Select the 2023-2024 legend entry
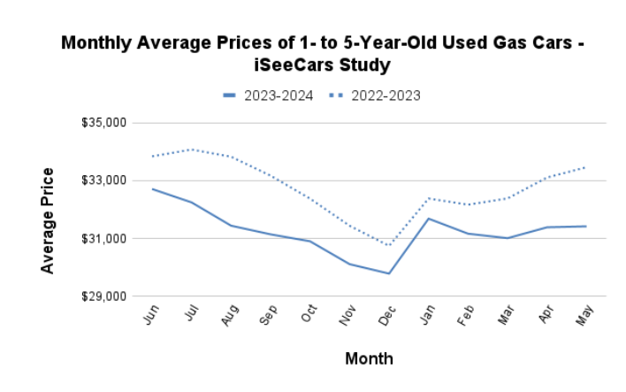coord(269,96)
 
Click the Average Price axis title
coord(48,220)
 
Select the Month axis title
coord(369,358)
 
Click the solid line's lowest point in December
coord(387,273)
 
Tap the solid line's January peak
coord(427,219)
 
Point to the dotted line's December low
coord(387,245)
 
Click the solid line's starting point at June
coord(152,188)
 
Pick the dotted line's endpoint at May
coord(584,167)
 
